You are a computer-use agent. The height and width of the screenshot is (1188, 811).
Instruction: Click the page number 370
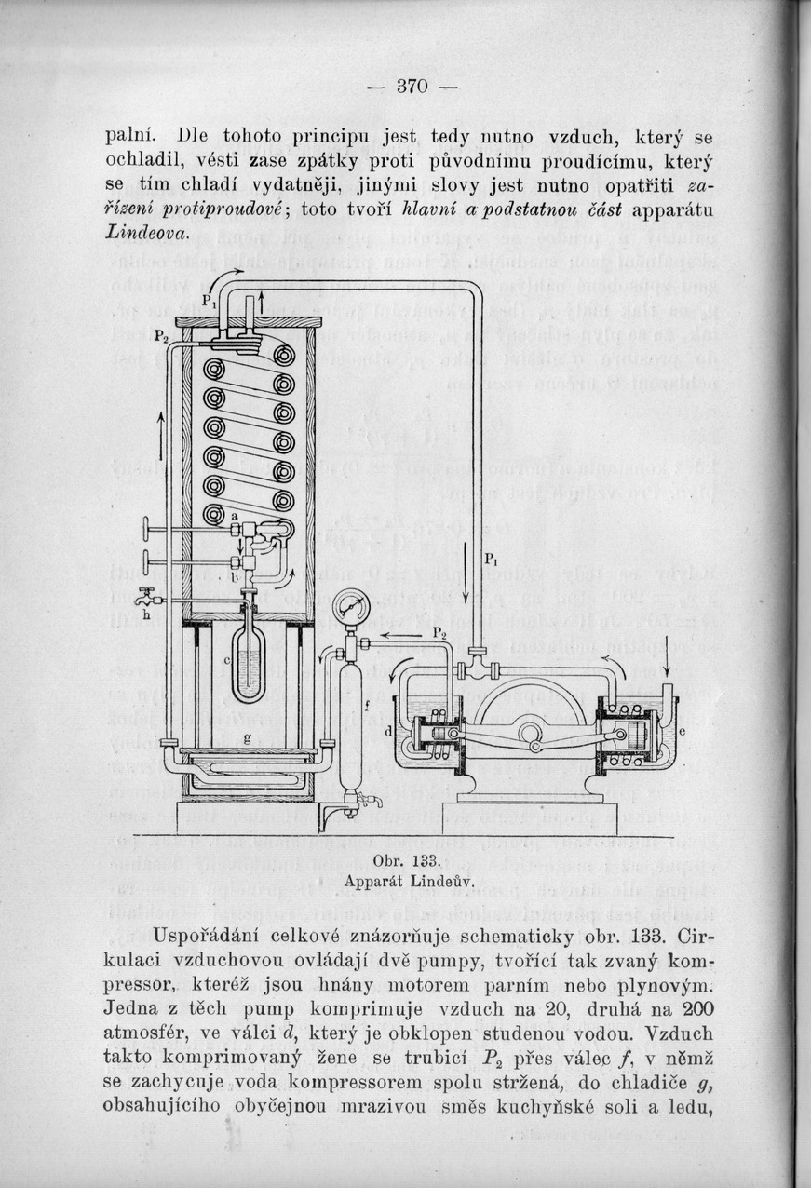(x=412, y=86)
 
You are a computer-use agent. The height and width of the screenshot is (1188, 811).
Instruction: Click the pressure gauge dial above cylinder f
(x=352, y=607)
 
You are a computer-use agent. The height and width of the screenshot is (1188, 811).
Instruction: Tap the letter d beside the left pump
(x=388, y=732)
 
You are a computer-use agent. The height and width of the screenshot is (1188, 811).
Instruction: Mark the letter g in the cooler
(x=247, y=737)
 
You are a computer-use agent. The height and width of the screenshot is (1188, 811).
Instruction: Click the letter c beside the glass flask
(x=227, y=661)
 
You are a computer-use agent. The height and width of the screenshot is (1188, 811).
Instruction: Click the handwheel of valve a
(x=147, y=530)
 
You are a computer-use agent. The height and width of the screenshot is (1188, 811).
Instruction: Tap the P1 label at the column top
(x=210, y=302)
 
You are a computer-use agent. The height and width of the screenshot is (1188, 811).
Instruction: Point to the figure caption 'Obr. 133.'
(x=407, y=861)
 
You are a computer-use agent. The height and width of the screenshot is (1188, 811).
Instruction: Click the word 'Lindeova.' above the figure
(x=147, y=233)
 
